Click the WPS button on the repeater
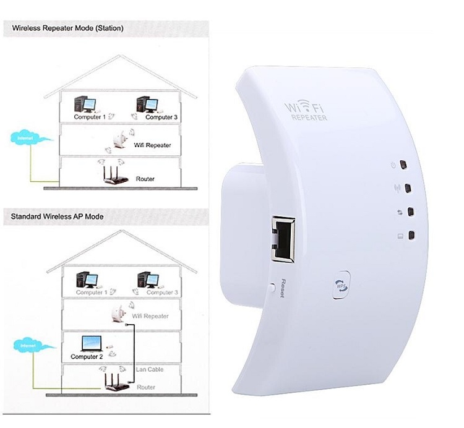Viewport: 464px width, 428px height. pyautogui.click(x=342, y=285)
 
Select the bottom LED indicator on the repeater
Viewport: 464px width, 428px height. pyautogui.click(x=411, y=235)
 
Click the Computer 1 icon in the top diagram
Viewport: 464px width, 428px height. pyautogui.click(x=84, y=104)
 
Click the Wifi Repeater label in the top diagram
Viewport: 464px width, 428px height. pyautogui.click(x=152, y=145)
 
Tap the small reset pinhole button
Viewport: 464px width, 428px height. pyautogui.click(x=273, y=286)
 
